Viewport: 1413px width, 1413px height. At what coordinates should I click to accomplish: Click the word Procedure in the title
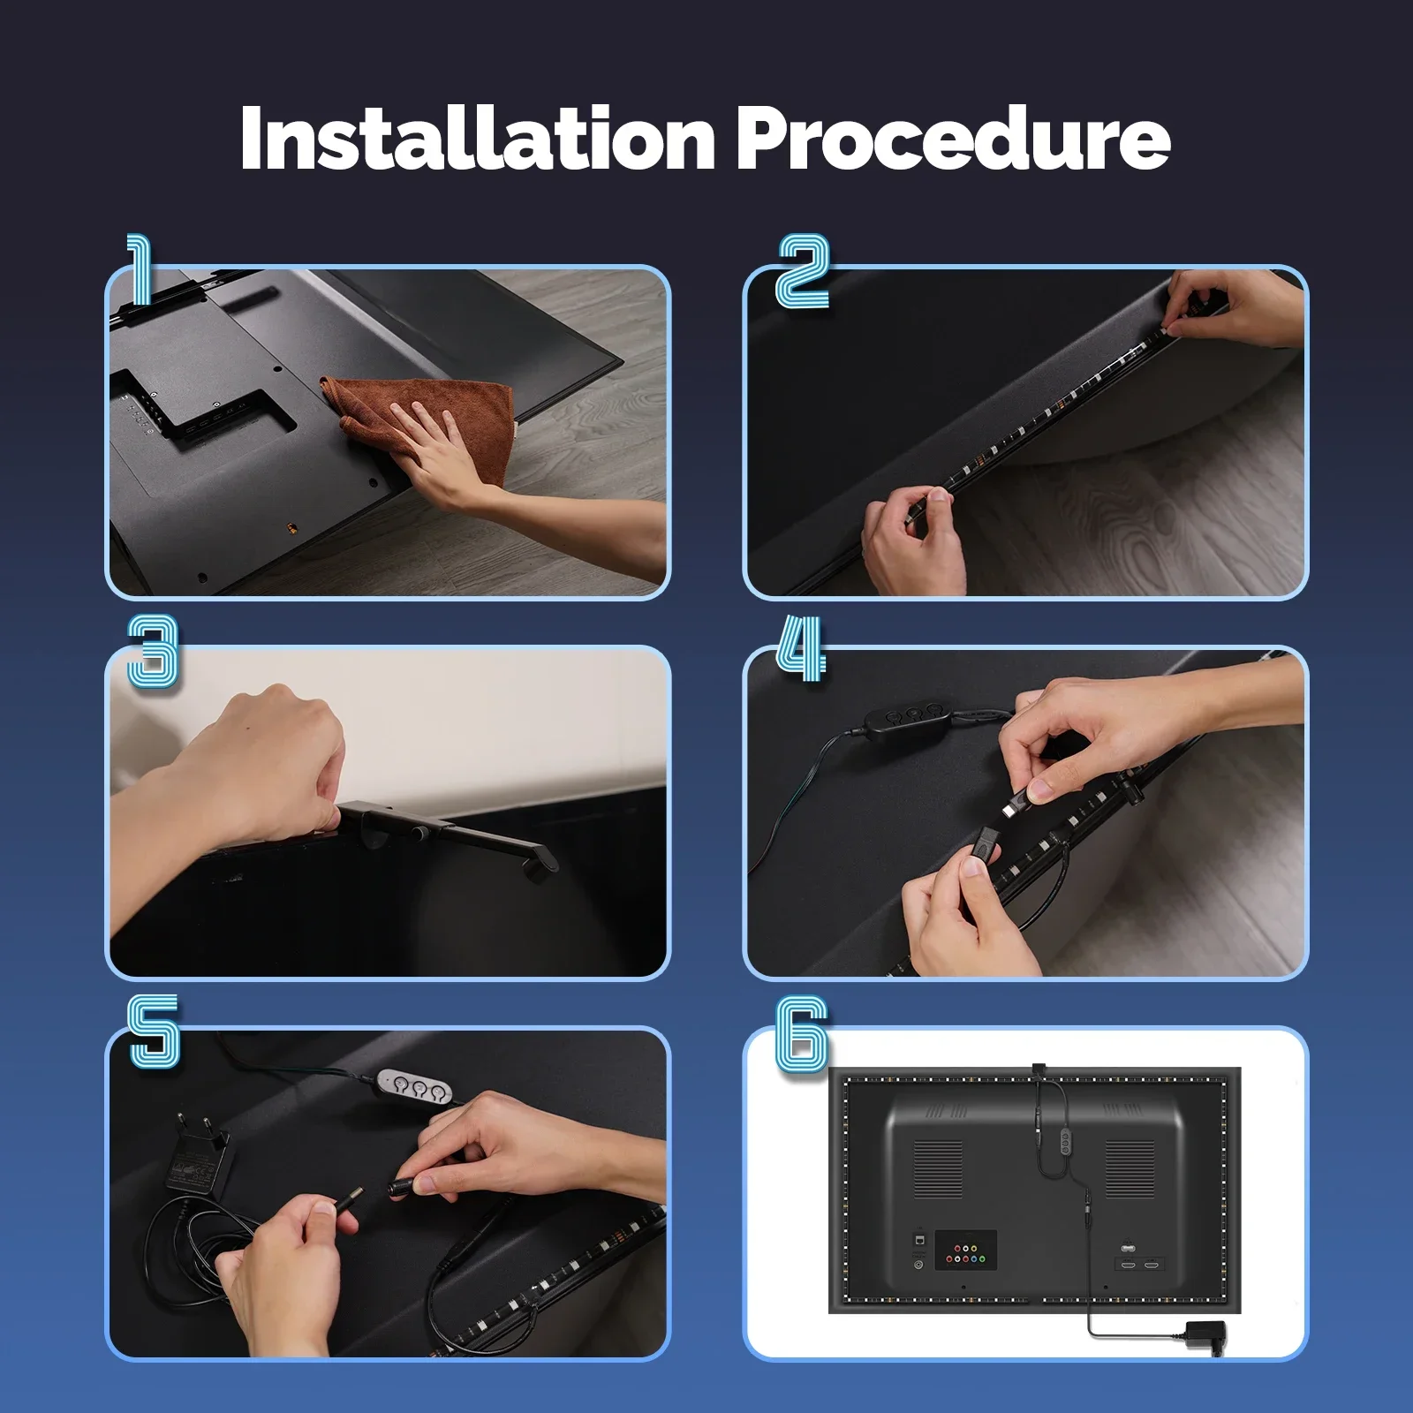tap(954, 139)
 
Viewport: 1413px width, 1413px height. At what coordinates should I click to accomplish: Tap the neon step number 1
tap(140, 269)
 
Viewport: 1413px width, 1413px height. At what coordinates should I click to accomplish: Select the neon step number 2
tap(803, 271)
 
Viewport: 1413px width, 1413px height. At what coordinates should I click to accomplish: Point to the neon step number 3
tap(153, 652)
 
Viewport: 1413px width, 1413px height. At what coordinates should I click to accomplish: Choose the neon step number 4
tap(801, 649)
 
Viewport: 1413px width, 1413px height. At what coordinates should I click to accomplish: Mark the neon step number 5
tap(155, 1031)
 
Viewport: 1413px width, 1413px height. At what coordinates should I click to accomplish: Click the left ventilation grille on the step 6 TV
tap(938, 1167)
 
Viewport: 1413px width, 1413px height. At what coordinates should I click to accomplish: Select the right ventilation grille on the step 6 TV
tap(1130, 1167)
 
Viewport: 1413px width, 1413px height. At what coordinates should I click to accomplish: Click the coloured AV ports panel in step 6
tap(966, 1251)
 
